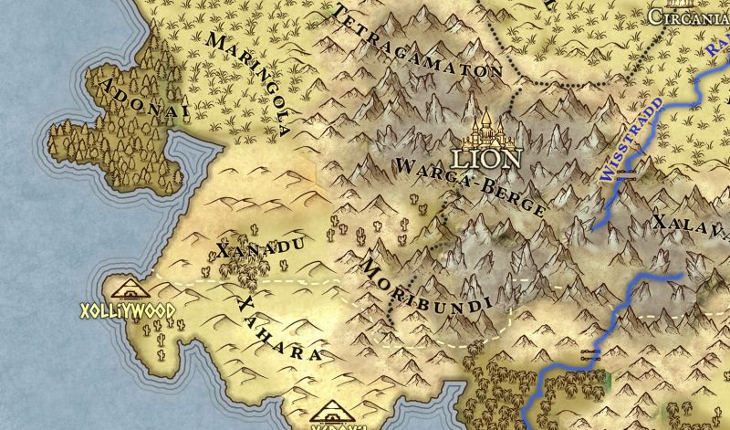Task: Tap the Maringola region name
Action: tap(248, 83)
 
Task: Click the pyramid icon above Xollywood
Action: tap(130, 289)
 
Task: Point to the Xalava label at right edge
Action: tap(690, 226)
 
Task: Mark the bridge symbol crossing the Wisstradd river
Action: tap(626, 179)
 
